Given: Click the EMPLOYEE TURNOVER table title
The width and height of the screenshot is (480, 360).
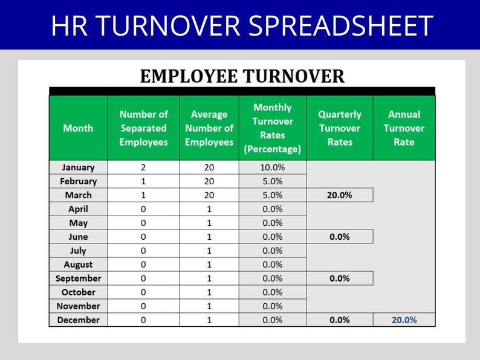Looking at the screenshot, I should [x=242, y=77].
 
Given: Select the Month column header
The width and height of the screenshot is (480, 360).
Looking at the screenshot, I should [x=78, y=128].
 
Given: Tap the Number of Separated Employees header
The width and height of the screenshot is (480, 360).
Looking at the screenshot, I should [x=143, y=128].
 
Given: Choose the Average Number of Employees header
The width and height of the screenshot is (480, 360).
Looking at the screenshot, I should [x=209, y=128].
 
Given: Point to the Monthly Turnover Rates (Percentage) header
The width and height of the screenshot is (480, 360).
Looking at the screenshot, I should [x=272, y=128].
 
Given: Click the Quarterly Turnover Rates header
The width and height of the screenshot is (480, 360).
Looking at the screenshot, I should [x=340, y=128].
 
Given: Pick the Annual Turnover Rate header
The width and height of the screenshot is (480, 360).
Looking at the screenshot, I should [x=404, y=128].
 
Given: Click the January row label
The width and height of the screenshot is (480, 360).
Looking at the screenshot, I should [x=78, y=167].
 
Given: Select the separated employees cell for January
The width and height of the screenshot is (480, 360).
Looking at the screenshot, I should [x=143, y=167].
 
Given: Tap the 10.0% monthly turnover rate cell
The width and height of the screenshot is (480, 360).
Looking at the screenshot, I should [x=272, y=167].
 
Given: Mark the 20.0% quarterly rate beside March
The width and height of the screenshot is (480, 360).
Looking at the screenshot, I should [x=340, y=195].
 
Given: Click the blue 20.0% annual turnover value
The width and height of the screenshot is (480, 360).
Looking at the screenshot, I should [x=404, y=320].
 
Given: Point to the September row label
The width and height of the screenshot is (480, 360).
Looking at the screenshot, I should [x=78, y=278].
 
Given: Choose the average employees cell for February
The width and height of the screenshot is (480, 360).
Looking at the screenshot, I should [x=209, y=181].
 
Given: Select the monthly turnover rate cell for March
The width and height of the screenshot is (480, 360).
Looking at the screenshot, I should [x=272, y=195].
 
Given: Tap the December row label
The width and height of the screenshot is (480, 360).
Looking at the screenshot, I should [x=78, y=320].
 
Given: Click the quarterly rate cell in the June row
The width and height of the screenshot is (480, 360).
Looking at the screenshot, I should [x=340, y=237].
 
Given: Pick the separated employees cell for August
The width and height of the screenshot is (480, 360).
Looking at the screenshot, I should [x=143, y=265].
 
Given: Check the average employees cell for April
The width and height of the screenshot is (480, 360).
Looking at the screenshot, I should [x=209, y=209].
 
